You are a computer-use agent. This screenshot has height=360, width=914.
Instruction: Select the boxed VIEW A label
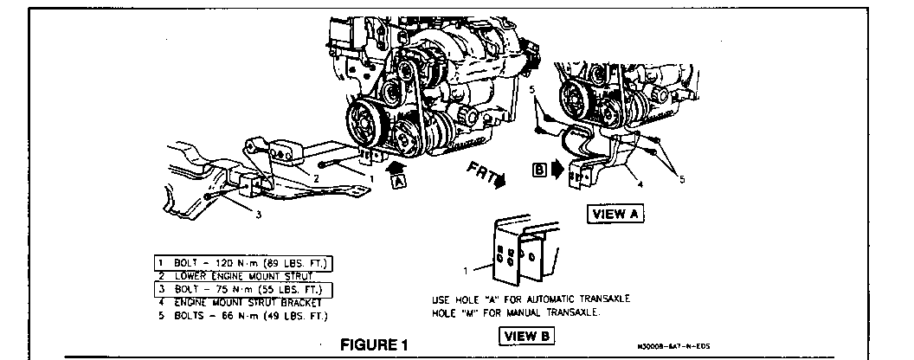click(x=616, y=215)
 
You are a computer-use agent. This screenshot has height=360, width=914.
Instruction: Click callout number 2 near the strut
click(x=317, y=177)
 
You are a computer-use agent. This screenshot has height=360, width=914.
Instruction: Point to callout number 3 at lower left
click(x=258, y=215)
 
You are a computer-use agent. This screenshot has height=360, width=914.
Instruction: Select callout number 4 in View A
click(x=640, y=183)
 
